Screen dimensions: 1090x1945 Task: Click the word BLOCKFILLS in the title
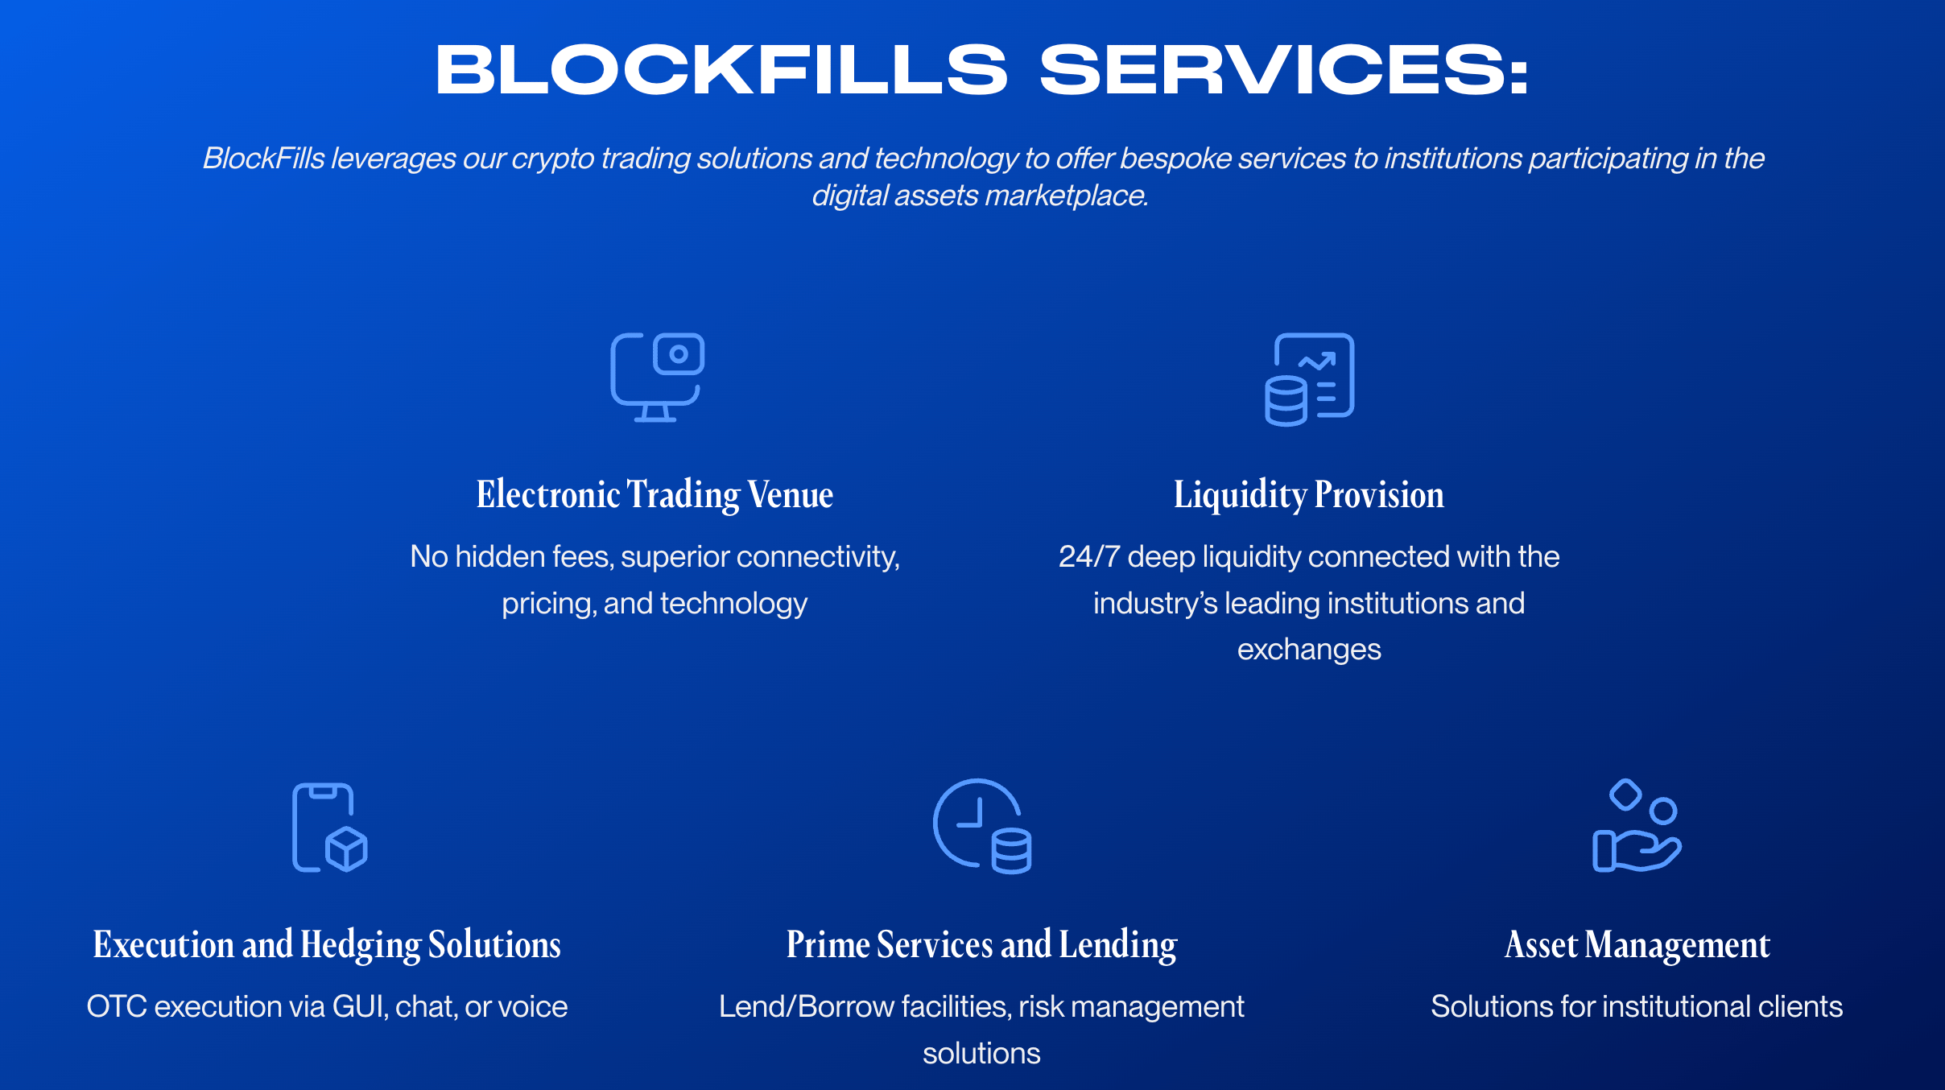coord(721,70)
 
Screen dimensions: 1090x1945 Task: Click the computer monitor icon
coord(657,377)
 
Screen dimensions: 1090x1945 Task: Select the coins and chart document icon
coord(1309,378)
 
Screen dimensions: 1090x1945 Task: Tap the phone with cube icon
coord(328,827)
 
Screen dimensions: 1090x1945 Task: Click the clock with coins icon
coord(981,826)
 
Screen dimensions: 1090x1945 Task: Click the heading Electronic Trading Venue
coord(655,494)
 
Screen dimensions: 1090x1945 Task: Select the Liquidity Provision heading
coord(1309,494)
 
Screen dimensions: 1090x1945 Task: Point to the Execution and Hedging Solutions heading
coord(327,944)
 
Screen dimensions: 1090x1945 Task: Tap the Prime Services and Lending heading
coord(981,944)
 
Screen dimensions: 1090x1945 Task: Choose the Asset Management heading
coord(1637,944)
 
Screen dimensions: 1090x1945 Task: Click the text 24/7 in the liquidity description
coord(1088,556)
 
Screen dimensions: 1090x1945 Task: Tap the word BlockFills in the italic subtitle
coord(263,158)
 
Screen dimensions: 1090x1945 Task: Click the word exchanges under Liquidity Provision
coord(1309,649)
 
